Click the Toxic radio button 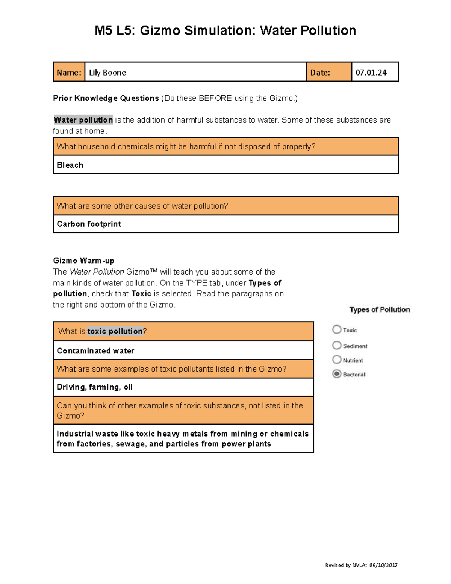337,329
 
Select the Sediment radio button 337,345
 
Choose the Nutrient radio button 337,360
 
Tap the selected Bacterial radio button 337,374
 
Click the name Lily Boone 107,73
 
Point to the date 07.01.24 371,73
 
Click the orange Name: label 69,73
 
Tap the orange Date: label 320,73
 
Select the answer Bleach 70,165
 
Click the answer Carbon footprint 89,224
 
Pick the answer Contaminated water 95,351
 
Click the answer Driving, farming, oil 95,387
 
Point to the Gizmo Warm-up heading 84,261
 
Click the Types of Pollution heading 380,310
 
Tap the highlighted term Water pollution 83,120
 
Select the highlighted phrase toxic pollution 115,331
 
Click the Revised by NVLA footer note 361,565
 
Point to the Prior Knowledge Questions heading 106,98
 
